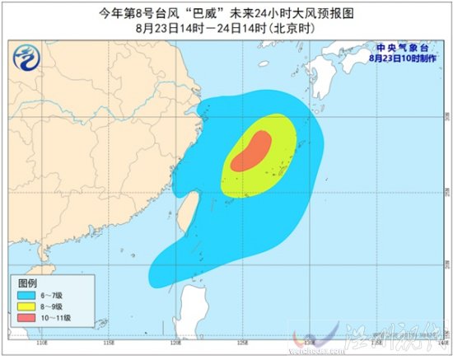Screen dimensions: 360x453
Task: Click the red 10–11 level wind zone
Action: pyautogui.click(x=250, y=152)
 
